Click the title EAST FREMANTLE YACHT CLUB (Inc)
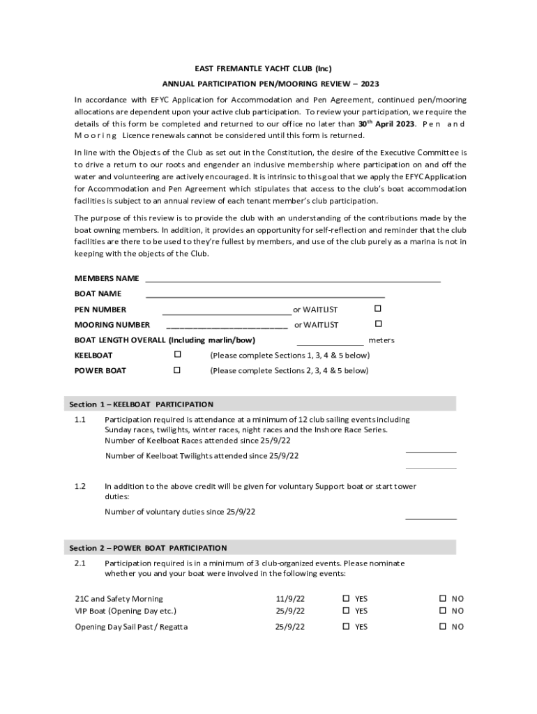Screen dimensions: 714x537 [263, 68]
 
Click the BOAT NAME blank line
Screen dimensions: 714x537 [265, 296]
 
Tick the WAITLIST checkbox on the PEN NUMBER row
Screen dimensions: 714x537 [378, 308]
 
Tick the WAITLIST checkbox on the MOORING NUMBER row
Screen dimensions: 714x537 [378, 324]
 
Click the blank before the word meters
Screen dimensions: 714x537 [330, 343]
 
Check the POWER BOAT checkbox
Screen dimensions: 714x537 [176, 370]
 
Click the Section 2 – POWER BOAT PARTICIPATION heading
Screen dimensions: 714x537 [148, 548]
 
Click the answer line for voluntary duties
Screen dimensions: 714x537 [430, 517]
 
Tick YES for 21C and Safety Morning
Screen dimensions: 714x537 [346, 598]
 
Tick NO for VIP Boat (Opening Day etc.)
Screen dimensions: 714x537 [442, 611]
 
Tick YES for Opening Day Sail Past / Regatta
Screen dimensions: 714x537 [346, 626]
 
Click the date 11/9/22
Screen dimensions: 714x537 [289, 599]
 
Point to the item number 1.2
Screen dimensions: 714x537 [80, 486]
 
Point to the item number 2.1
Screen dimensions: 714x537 [80, 563]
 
